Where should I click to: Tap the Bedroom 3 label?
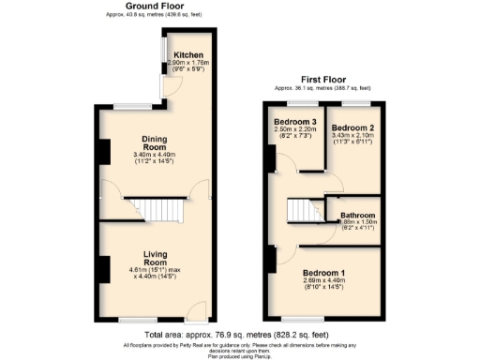pos(294,123)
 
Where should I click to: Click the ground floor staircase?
pos(153,206)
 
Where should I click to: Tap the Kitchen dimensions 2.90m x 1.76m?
pos(188,63)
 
